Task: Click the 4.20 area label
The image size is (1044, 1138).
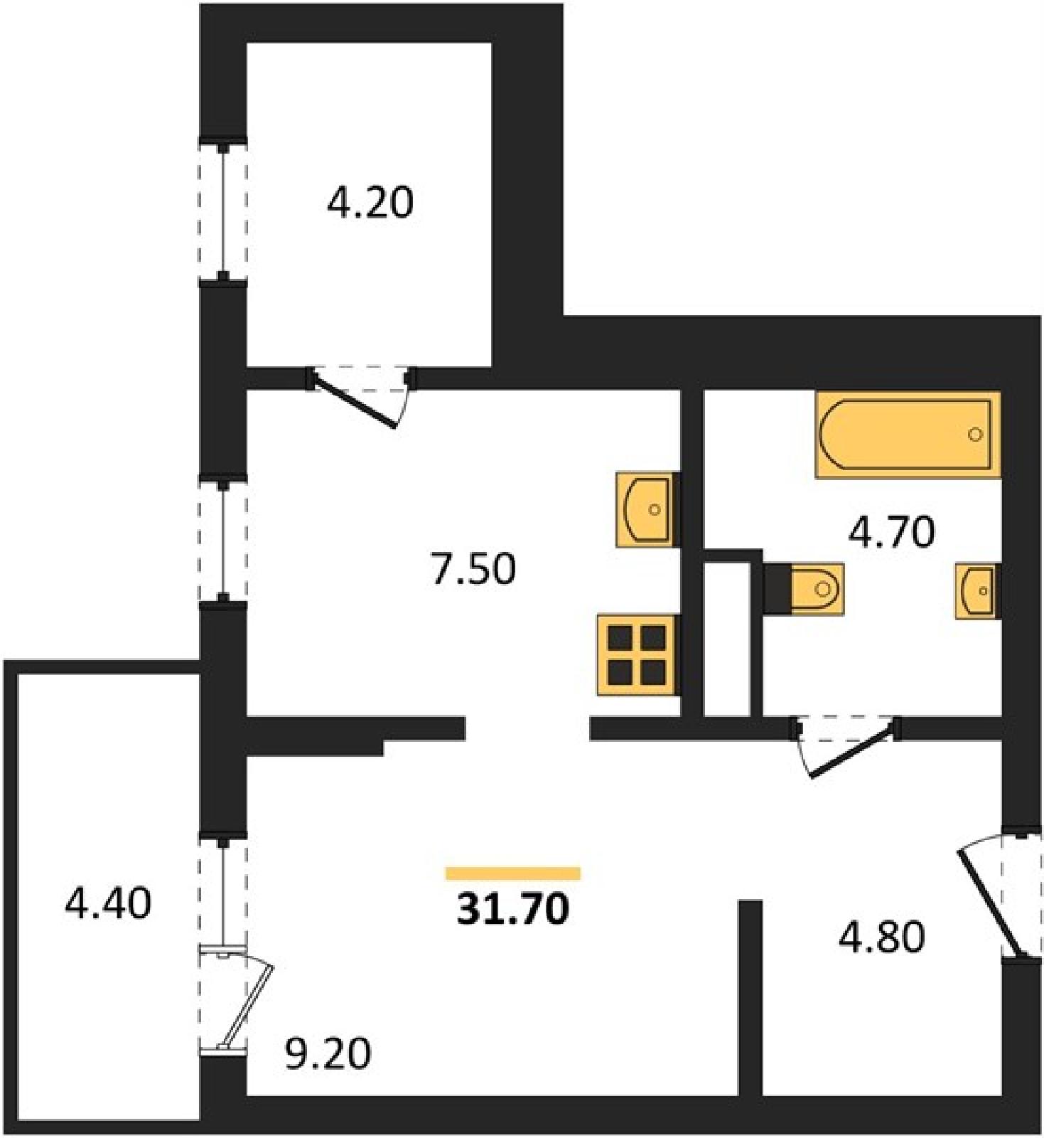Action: [x=370, y=203]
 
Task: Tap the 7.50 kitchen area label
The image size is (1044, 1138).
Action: [x=473, y=570]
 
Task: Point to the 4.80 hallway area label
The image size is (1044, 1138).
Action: [x=882, y=937]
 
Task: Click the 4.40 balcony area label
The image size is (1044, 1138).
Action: [x=108, y=904]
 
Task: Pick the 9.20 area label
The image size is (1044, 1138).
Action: [x=328, y=1054]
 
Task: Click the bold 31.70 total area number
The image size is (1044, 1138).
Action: [x=513, y=909]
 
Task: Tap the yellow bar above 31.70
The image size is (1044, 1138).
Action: [x=513, y=873]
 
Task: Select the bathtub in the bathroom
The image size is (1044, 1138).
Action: [x=908, y=435]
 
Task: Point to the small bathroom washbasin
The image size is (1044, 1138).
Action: [x=978, y=590]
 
